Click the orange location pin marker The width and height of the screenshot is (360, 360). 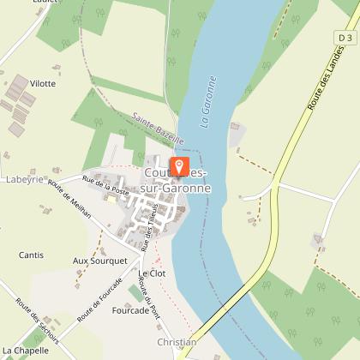point(179,165)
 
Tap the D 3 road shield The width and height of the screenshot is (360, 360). point(345,39)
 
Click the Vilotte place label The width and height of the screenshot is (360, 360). point(42,83)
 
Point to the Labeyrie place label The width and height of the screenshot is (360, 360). point(23,179)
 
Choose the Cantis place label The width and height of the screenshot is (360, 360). point(32,255)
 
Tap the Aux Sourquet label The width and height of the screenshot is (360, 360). point(99,260)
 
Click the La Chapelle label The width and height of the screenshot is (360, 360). point(26,351)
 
